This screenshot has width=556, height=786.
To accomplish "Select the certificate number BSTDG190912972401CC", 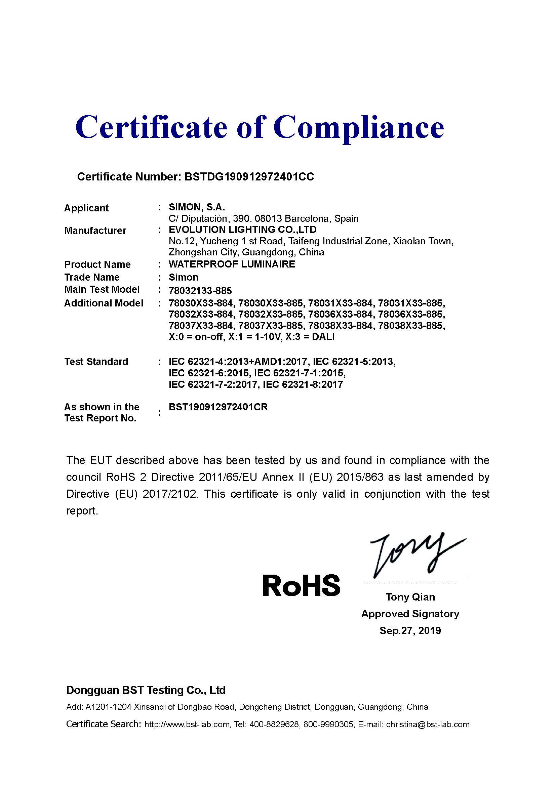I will [x=249, y=177].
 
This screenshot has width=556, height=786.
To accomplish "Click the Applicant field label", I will [x=86, y=208].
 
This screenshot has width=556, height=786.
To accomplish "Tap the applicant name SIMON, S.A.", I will [x=197, y=207].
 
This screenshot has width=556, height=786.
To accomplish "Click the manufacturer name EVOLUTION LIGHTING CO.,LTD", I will [x=242, y=230].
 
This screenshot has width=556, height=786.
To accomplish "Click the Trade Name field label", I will [x=92, y=277].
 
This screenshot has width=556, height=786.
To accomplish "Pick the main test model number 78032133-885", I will [x=200, y=291].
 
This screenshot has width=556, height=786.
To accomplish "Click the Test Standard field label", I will [x=96, y=362].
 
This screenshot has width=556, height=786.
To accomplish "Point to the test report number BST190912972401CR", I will [x=218, y=407].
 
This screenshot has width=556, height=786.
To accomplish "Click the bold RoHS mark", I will [x=301, y=586].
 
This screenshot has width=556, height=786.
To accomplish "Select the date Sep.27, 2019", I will [x=410, y=630].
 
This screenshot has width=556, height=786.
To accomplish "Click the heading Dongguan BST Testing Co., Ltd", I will [x=146, y=690].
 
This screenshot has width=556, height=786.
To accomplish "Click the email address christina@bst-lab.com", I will [x=428, y=725].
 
